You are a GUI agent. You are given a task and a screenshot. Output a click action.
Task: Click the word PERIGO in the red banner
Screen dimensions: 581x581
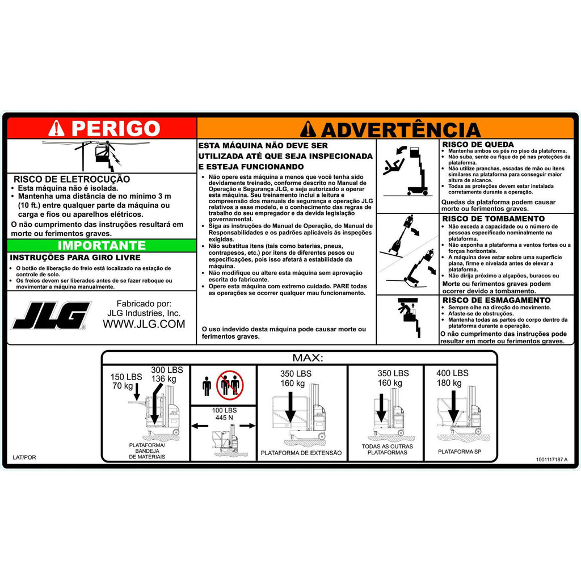[116, 129]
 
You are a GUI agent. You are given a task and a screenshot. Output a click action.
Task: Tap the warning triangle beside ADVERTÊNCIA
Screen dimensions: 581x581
[308, 129]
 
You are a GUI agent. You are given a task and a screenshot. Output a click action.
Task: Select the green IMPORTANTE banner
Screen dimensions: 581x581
[102, 245]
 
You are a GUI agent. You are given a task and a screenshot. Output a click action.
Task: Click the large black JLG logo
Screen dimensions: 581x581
[51, 315]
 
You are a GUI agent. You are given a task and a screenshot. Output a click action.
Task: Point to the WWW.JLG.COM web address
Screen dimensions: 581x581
[144, 324]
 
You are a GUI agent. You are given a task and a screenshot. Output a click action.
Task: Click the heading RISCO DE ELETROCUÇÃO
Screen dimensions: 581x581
[72, 179]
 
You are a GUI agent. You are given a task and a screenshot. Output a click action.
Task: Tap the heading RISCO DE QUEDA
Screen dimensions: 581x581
[478, 145]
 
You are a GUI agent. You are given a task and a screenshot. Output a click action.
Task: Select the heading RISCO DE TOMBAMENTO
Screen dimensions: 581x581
[494, 218]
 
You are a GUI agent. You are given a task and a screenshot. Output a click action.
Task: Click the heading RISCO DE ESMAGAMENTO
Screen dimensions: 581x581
[496, 300]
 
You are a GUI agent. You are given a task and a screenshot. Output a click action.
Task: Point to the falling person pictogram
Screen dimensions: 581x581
[393, 165]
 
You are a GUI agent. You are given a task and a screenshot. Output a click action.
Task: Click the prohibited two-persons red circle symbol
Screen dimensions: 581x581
[230, 385]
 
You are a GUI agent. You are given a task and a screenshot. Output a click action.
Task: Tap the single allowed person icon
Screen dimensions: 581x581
[207, 386]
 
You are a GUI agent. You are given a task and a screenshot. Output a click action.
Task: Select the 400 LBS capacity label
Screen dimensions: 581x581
[452, 373]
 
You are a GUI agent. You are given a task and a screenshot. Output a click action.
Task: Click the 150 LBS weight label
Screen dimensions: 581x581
[126, 377]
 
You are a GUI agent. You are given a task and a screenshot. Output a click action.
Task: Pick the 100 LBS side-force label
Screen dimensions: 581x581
[224, 410]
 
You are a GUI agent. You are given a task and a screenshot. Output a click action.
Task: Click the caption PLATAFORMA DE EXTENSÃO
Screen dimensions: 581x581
[301, 453]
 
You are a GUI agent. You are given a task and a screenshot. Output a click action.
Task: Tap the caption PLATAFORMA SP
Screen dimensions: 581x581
[460, 452]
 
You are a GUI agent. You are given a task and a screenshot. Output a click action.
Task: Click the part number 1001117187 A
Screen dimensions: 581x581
[551, 460]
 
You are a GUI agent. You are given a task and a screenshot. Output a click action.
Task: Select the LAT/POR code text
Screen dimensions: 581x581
[24, 457]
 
